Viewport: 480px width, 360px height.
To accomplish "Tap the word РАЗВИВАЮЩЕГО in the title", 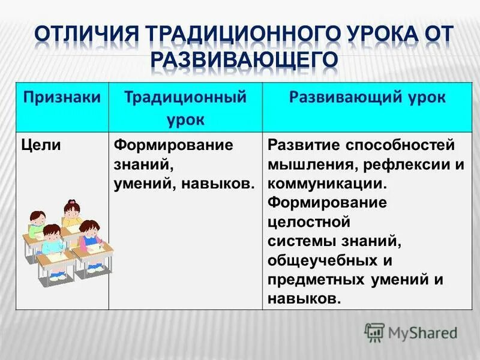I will (x=240, y=60).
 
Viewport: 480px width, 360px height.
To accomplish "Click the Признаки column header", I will (x=61, y=98).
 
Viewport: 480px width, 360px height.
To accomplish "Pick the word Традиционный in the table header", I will (x=185, y=98).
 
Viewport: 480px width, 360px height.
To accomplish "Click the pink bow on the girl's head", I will (x=72, y=202).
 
